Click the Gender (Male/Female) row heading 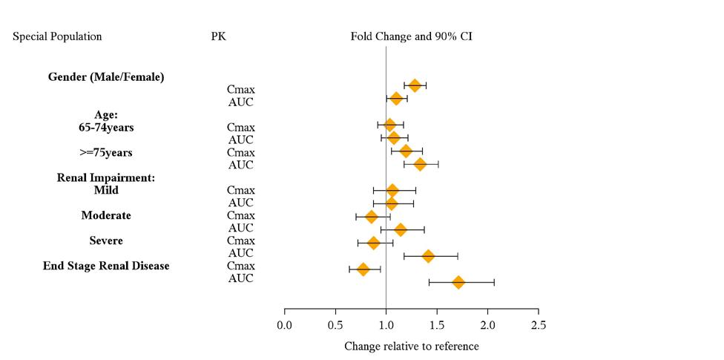click(x=106, y=77)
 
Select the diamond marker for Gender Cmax click(x=415, y=86)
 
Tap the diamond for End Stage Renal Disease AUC click(x=458, y=282)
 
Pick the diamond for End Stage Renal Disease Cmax click(x=363, y=269)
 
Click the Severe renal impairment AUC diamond click(x=428, y=256)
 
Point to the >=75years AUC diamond click(x=420, y=164)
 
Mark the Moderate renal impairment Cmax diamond click(x=372, y=217)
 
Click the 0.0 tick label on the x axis click(x=285, y=325)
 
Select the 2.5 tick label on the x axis click(x=539, y=325)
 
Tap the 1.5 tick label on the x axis click(x=437, y=325)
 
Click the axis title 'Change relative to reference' click(x=411, y=347)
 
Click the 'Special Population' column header click(x=57, y=36)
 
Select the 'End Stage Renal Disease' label click(x=106, y=266)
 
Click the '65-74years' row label click(x=106, y=127)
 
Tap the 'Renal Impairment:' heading click(x=106, y=177)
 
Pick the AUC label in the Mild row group click(x=241, y=203)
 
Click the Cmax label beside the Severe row click(x=241, y=240)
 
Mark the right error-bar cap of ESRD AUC click(x=494, y=282)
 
